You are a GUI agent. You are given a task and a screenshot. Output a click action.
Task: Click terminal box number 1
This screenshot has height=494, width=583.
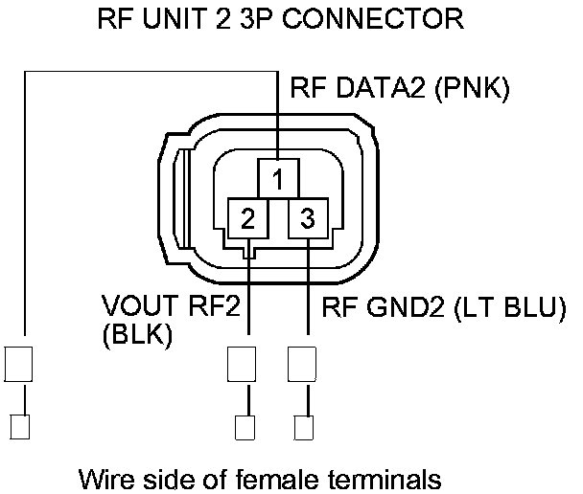coord(278,179)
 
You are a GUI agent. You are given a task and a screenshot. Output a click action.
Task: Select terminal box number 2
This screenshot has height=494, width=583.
coord(247,218)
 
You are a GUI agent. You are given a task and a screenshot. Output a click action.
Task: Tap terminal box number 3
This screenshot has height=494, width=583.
coord(308,218)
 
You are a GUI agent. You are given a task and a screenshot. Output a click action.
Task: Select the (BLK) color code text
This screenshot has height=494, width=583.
coord(136,335)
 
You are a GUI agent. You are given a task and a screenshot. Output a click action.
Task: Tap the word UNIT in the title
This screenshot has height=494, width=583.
coord(183,18)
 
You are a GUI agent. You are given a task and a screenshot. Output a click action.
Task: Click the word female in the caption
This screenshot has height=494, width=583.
coord(293,477)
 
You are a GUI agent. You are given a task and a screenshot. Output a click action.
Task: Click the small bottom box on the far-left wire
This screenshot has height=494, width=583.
coord(20,425)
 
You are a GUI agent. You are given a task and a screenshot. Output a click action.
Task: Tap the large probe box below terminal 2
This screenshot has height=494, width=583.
coord(243,364)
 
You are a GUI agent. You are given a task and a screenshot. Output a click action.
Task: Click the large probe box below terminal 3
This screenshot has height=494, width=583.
coord(303,364)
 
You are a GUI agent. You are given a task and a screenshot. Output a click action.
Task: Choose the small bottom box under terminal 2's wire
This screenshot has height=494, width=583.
coord(245,425)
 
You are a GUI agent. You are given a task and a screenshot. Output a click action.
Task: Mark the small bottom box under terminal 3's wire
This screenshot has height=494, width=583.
coord(303,425)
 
